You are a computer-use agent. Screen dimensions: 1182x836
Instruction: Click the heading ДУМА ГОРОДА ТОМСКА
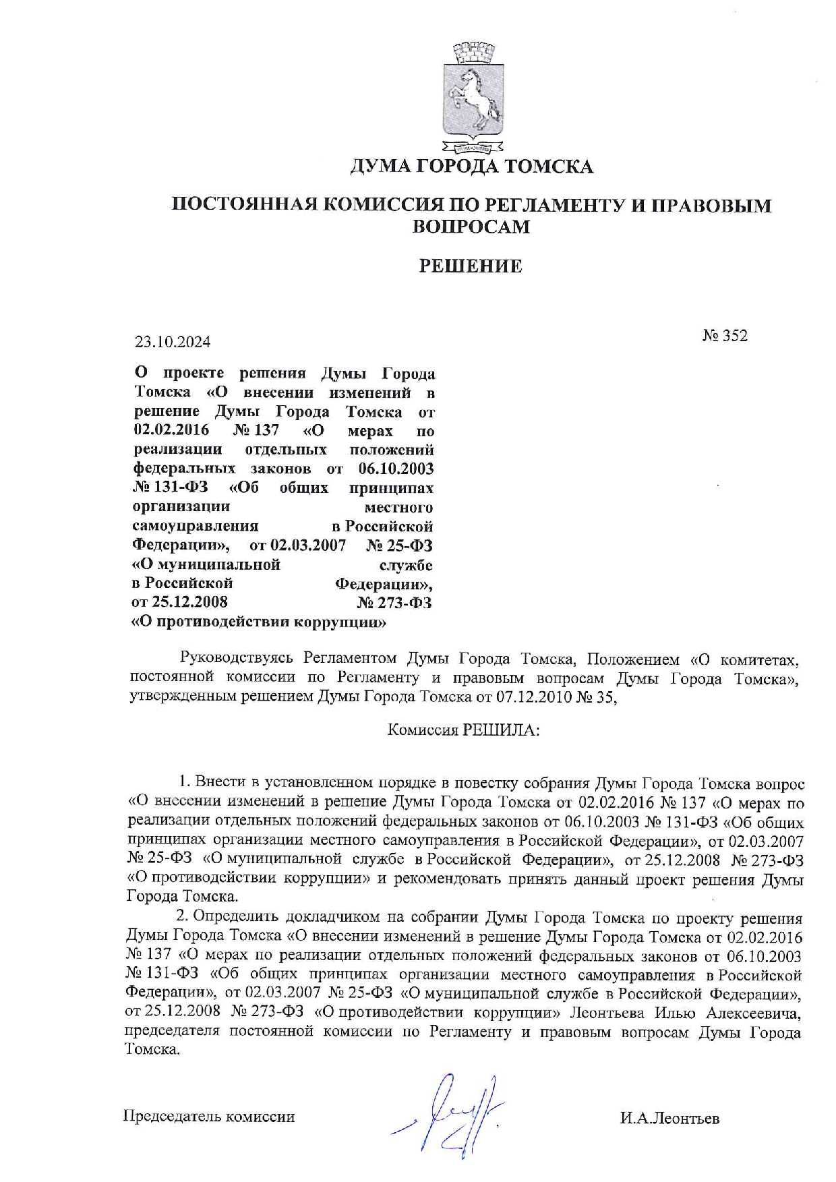coord(471,167)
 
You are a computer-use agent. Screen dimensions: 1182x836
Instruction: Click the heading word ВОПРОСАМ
coord(471,227)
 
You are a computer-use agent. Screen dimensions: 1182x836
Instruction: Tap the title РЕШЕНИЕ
coord(471,266)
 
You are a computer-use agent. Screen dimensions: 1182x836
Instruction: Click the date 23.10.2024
coord(173,342)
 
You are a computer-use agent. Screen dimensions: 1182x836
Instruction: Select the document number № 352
coord(725,336)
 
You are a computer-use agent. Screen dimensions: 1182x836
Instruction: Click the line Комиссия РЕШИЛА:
coord(463,730)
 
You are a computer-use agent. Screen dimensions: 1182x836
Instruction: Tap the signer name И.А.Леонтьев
coord(669,1118)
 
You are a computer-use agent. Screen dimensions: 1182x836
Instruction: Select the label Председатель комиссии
coord(209,1117)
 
